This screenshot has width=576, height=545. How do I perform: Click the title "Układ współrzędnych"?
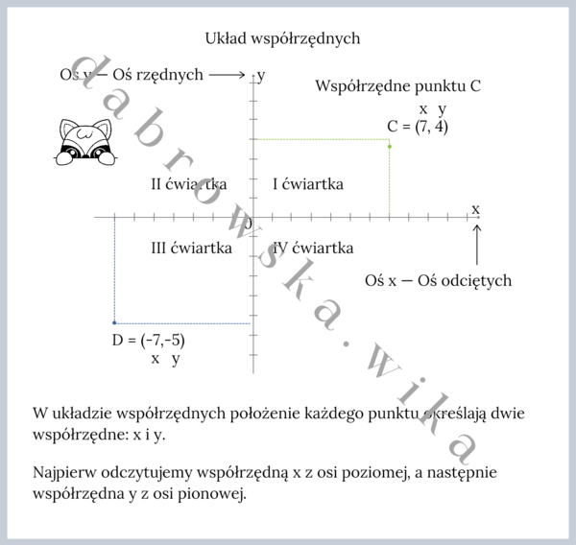pos(282,38)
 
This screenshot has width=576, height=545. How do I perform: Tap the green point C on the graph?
pos(389,146)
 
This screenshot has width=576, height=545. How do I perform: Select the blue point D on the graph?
pos(114,322)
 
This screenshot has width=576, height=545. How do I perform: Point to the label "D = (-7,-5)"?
pos(149,341)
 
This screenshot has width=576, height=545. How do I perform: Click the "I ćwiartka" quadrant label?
pos(307,183)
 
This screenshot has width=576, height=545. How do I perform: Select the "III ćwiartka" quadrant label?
pos(191,249)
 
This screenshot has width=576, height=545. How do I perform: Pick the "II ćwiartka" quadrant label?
pos(188,183)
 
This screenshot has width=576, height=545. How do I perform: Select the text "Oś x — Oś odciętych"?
pos(438,281)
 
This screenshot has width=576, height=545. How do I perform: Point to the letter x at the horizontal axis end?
pos(475,208)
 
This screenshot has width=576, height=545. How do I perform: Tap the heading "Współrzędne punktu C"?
pos(397,86)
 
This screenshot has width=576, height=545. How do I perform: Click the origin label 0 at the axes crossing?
pos(248,224)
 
